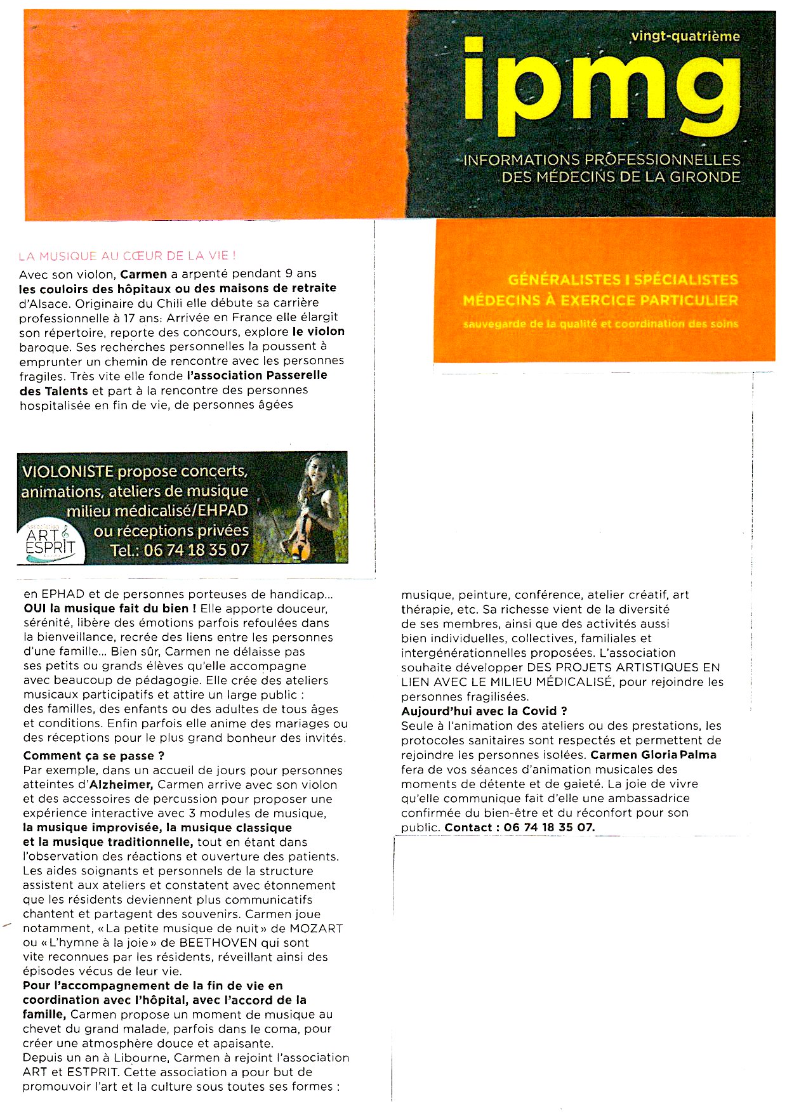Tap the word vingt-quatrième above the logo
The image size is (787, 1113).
[685, 36]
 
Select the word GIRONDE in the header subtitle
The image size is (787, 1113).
[703, 177]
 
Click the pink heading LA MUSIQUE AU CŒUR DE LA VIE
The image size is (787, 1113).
[127, 256]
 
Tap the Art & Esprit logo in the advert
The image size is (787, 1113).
[50, 541]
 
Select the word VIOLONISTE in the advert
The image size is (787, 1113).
[67, 472]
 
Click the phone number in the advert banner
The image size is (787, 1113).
[196, 550]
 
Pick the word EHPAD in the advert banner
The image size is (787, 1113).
[223, 511]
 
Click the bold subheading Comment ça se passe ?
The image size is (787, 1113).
[94, 756]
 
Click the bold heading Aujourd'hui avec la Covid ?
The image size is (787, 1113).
[484, 711]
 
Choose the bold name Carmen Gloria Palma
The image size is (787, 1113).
[653, 755]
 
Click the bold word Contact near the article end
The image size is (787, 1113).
[468, 827]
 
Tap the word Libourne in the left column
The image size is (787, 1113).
[142, 1058]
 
